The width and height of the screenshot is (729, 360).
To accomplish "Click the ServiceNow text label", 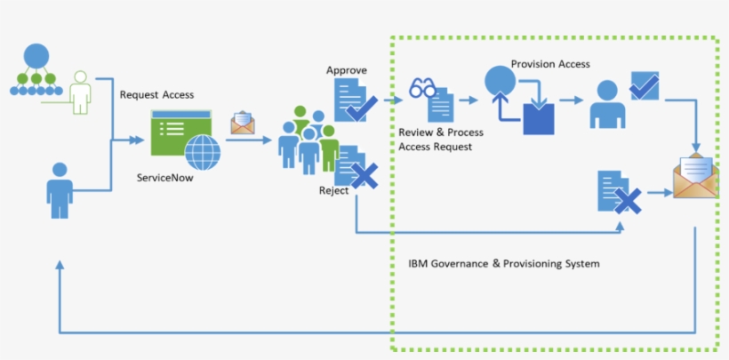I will (164, 177).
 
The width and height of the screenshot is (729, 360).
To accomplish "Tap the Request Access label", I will (156, 95).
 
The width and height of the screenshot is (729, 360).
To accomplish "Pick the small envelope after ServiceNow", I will (243, 123).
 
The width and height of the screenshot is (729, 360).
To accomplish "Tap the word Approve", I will (346, 70).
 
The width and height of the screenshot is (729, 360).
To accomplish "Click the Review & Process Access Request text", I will (441, 140).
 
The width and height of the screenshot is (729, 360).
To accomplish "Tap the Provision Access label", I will (550, 64).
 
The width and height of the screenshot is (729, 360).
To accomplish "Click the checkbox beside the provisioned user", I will (644, 86).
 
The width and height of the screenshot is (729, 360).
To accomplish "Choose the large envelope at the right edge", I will (694, 177).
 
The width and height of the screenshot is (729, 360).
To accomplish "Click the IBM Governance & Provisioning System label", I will (503, 264).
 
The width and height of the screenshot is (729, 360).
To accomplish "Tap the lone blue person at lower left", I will (60, 189).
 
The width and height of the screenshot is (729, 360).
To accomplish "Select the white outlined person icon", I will (81, 92).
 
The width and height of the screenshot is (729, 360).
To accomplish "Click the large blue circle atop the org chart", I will (36, 55).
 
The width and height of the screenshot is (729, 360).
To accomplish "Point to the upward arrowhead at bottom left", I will (59, 266).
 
